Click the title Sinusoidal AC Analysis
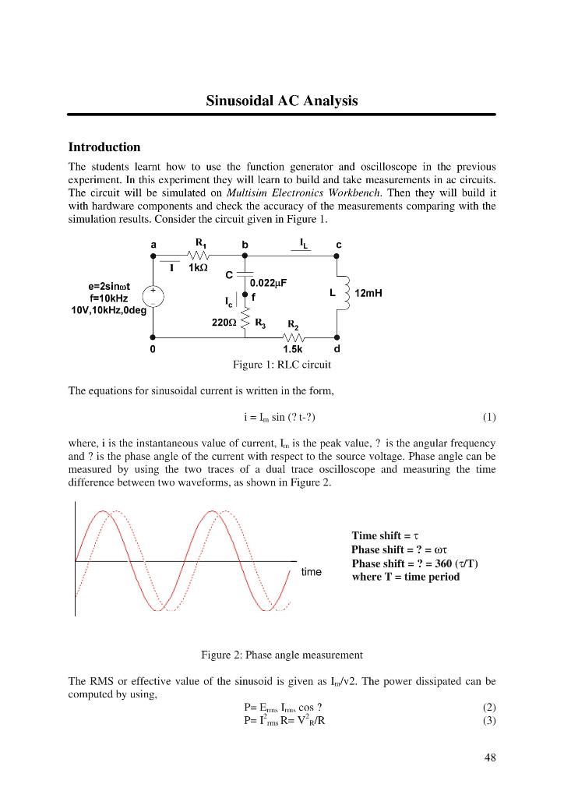pos(281,101)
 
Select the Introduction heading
pos(104,147)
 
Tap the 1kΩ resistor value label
pos(200,268)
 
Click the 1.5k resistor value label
pos(293,349)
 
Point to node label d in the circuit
pos(337,349)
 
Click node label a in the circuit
pos(153,244)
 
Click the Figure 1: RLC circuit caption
pos(281,364)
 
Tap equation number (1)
pos(488,416)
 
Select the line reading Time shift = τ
pos(386,535)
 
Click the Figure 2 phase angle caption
pos(281,655)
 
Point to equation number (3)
pos(488,720)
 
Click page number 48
pos(489,757)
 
